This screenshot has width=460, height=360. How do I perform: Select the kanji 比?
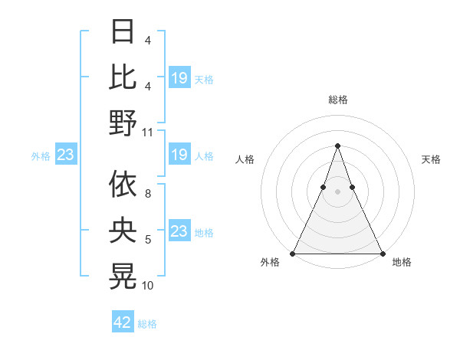coord(123,77)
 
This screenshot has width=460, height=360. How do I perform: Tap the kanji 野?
coord(123,123)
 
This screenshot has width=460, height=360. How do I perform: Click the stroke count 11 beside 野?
coord(148,132)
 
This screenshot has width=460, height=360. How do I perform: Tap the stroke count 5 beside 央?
coord(148,240)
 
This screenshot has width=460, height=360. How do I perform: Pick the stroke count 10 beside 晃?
coord(148,286)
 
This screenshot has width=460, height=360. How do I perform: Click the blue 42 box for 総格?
coord(123,322)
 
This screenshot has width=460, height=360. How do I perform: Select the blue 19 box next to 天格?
coord(179,78)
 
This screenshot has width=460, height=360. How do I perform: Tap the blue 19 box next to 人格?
coord(179,155)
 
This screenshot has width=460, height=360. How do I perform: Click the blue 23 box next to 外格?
coord(66,155)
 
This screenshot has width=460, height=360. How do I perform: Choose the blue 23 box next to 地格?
coord(179,231)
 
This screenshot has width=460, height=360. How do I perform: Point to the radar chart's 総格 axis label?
coord(337,100)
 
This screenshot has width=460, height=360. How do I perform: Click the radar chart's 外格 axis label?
coord(270,263)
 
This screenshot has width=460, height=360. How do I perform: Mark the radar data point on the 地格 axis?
coord(382,253)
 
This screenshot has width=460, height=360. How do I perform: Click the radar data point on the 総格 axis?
coord(337,146)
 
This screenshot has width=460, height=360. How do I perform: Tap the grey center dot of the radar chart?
coord(337,192)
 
